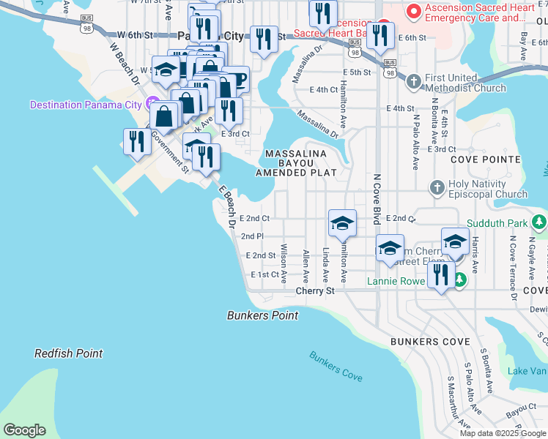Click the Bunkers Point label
coord(262,315)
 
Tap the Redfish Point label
coord(68,353)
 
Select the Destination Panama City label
coord(86,105)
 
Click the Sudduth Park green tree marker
coord(539,221)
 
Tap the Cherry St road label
coord(314,290)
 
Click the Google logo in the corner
coord(24,430)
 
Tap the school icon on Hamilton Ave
coord(342,223)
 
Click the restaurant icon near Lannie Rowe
coord(440,276)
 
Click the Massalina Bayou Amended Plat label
coord(295,162)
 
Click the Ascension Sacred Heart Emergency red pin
coord(413,11)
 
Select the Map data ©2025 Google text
coord(503,432)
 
